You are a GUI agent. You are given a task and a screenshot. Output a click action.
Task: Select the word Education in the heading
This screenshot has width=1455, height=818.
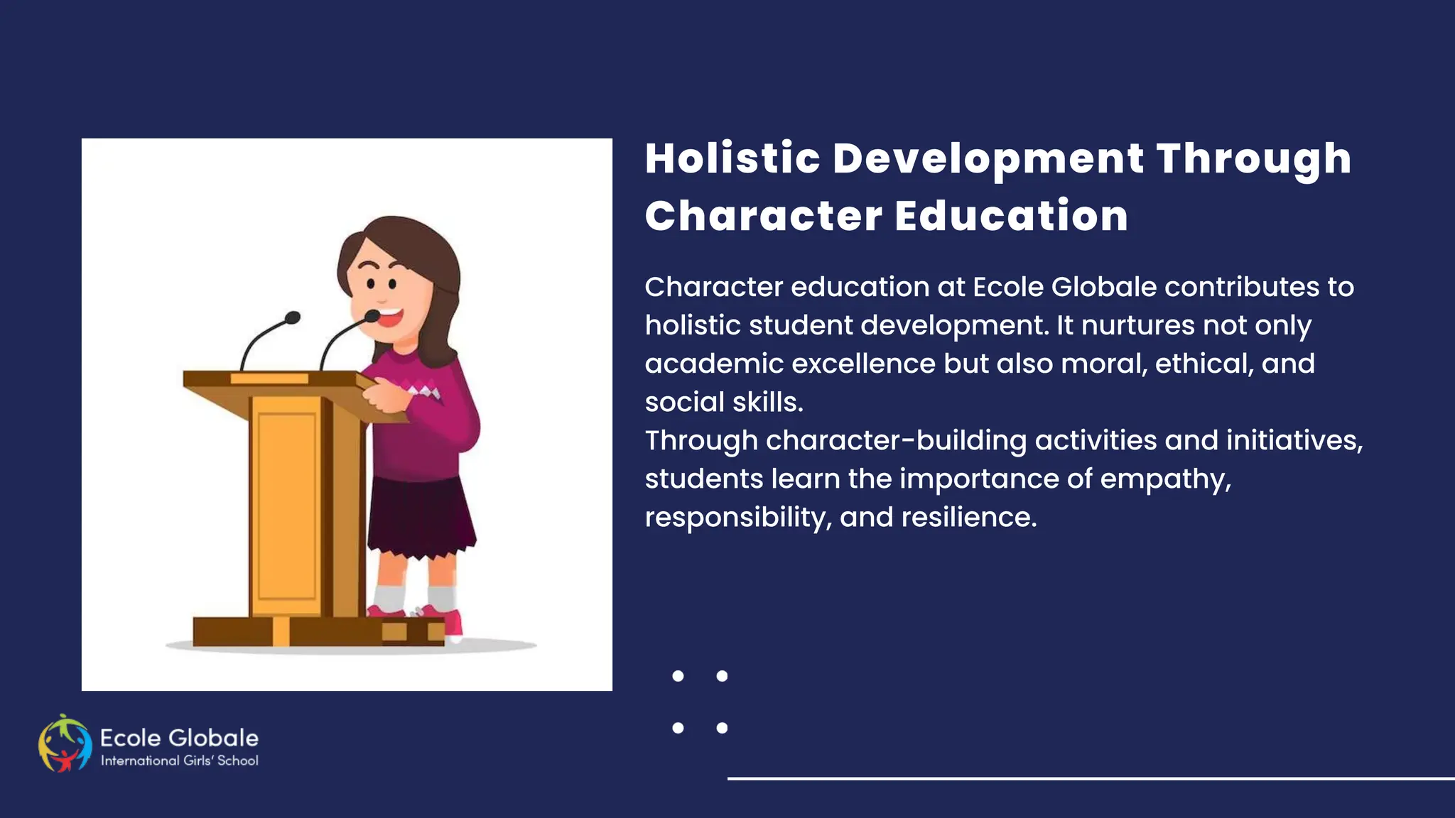(x=1011, y=216)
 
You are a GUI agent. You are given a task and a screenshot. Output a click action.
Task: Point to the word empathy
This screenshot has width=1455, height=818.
(x=1165, y=479)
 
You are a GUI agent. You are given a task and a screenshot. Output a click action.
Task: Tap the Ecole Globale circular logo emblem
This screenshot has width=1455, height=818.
(x=65, y=743)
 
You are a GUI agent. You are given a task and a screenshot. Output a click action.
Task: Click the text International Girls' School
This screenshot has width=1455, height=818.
(x=180, y=760)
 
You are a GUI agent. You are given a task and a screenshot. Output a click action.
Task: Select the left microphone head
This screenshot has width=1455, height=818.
(x=292, y=317)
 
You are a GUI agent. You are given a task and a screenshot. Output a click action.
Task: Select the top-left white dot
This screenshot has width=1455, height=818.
(x=678, y=676)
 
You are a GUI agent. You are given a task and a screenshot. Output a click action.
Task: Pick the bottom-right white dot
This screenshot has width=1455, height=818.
(x=722, y=728)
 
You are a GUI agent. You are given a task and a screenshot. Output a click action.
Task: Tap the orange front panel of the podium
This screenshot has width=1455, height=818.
(x=286, y=504)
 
